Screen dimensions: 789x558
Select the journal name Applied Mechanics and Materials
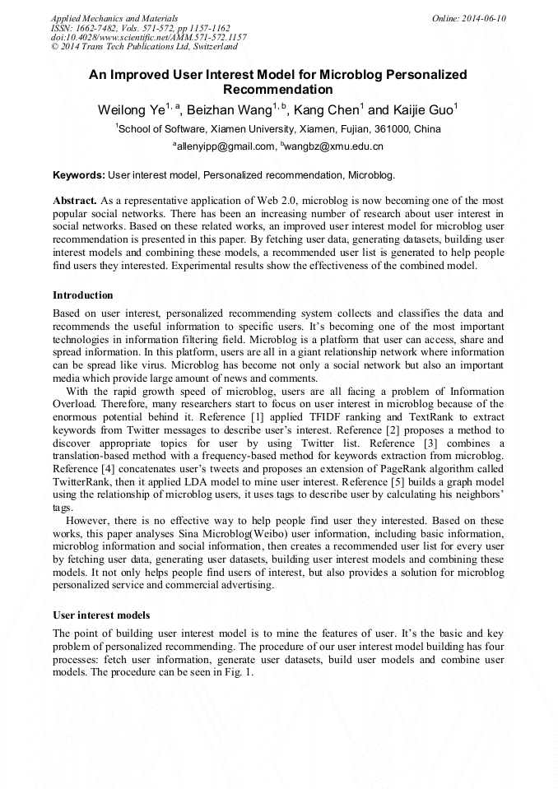[114, 18]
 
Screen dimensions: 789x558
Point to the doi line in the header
[148, 38]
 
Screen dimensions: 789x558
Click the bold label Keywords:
[79, 175]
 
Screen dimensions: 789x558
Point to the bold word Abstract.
[75, 201]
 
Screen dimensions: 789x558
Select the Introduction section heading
[83, 295]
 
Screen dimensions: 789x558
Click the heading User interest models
[101, 615]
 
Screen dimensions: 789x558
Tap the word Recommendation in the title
[278, 90]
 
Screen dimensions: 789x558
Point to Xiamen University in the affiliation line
[253, 129]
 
